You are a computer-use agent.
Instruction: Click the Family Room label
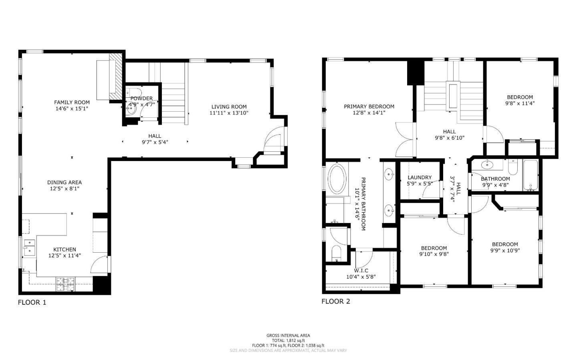point(72,103)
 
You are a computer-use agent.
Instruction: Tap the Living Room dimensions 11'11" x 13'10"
point(229,113)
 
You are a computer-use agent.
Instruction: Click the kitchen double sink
point(29,247)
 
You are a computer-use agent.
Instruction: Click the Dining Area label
point(65,182)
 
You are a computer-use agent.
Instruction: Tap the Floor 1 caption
point(32,302)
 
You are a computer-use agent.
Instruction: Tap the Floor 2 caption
point(336,301)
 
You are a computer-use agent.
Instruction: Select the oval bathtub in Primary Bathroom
point(337,179)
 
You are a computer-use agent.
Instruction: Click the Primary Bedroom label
point(369,107)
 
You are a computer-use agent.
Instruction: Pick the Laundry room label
point(420,177)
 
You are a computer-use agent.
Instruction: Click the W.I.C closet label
point(361,271)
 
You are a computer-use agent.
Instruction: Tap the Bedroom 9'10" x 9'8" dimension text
point(434,254)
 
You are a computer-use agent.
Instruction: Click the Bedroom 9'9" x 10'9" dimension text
point(505,251)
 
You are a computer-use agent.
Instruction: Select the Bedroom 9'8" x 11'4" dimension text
point(520,103)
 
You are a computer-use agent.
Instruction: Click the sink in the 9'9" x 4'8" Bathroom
point(486,164)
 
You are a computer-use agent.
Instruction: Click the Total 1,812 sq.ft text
point(288,340)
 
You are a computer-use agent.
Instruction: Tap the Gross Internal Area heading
point(288,336)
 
